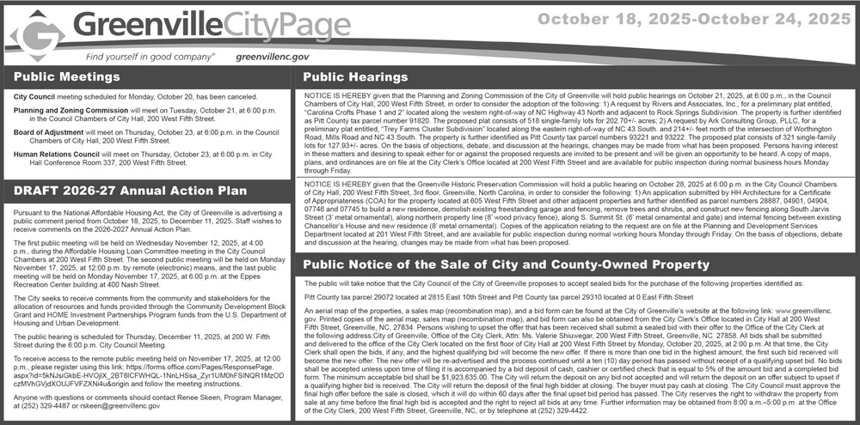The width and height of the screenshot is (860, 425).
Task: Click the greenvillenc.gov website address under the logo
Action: [271, 57]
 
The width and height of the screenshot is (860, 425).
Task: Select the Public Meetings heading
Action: [67, 77]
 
